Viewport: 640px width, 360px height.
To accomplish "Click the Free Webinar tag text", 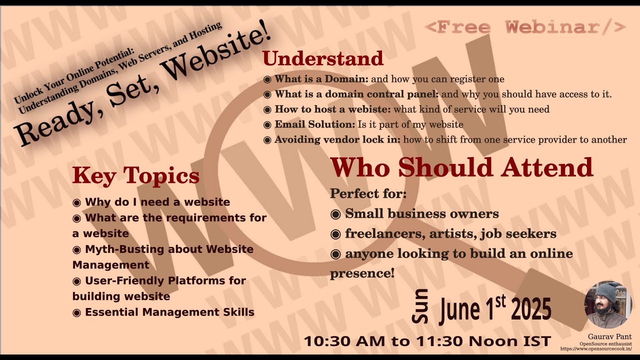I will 525,27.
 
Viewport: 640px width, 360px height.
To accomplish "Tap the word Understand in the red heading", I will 323,58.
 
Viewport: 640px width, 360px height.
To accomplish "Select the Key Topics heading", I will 135,175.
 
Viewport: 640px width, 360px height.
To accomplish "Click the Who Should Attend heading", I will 461,167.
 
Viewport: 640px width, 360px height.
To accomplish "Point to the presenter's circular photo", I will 608,304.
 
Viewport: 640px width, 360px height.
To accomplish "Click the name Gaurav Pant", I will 609,336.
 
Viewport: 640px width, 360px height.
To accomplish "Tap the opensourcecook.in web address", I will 595,348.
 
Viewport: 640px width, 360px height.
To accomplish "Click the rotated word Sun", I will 420,305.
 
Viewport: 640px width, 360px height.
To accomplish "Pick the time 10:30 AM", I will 344,341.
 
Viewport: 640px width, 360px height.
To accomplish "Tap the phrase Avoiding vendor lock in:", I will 337,139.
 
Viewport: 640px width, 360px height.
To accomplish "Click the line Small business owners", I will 421,214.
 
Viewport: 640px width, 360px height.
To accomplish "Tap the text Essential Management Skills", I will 169,312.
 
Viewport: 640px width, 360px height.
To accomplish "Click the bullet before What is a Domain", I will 267,79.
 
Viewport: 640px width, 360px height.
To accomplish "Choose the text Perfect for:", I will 368,193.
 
